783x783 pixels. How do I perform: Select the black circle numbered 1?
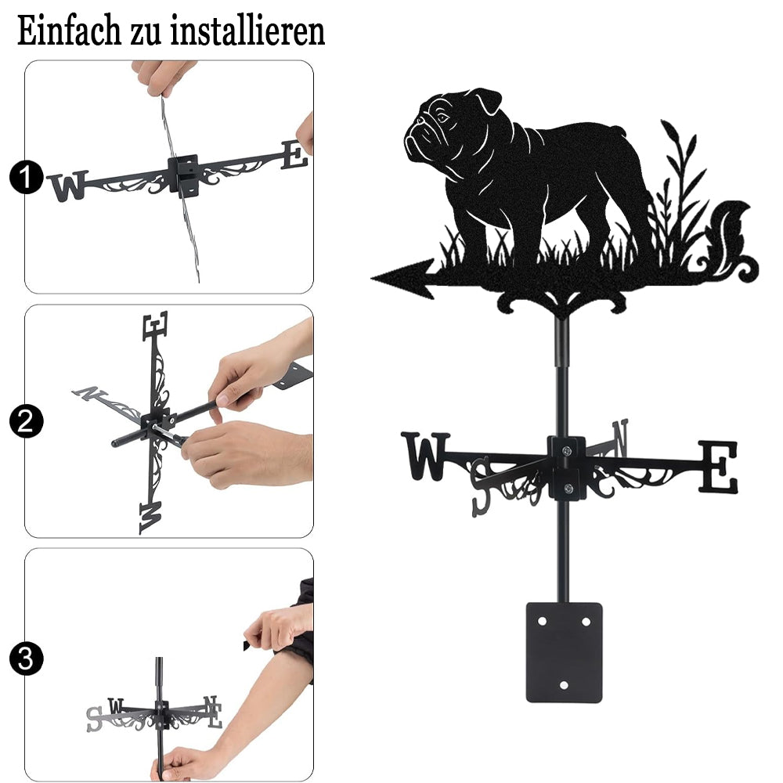[x=27, y=177]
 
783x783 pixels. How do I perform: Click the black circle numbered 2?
[x=27, y=421]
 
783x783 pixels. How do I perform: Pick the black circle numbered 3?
[x=27, y=659]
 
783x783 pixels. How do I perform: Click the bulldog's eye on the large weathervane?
[x=442, y=118]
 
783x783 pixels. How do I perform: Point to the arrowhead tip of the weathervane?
[x=372, y=278]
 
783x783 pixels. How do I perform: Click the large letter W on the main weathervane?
[x=425, y=456]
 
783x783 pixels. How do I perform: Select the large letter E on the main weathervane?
[x=717, y=467]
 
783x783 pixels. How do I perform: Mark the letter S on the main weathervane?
[x=481, y=486]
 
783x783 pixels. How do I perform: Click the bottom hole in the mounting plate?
[x=564, y=685]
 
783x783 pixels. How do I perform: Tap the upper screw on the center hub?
[x=566, y=452]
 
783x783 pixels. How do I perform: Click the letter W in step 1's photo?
[x=69, y=186]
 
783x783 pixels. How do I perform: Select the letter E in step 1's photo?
[x=294, y=155]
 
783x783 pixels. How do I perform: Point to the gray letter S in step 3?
[x=95, y=720]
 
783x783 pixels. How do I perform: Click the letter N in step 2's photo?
[x=89, y=394]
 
